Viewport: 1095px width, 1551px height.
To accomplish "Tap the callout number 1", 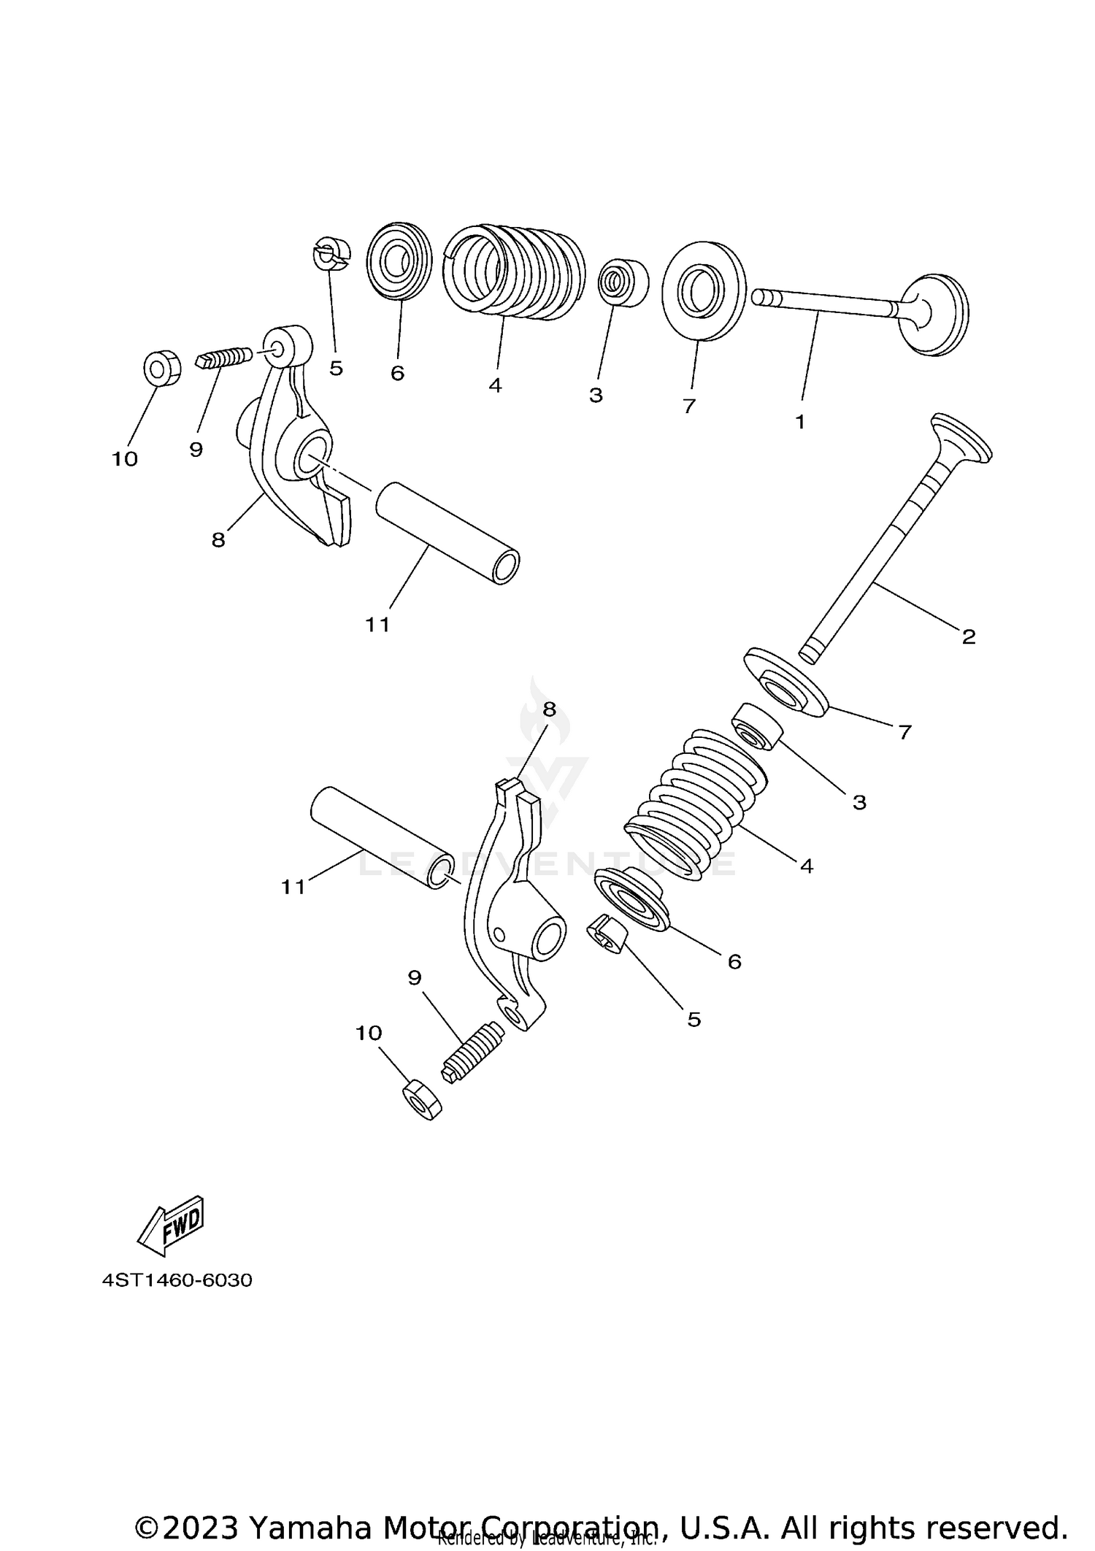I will (x=799, y=422).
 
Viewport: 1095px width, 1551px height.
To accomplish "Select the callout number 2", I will (x=969, y=636).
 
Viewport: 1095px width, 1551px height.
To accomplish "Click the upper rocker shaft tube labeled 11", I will (x=447, y=531).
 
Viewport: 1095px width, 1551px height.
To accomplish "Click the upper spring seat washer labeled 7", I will (x=704, y=290).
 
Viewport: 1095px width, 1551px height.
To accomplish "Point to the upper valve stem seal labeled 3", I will (x=623, y=282).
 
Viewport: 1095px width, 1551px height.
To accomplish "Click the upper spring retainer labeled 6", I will (x=399, y=261).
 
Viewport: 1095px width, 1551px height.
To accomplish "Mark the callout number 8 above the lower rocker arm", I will (x=549, y=709).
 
